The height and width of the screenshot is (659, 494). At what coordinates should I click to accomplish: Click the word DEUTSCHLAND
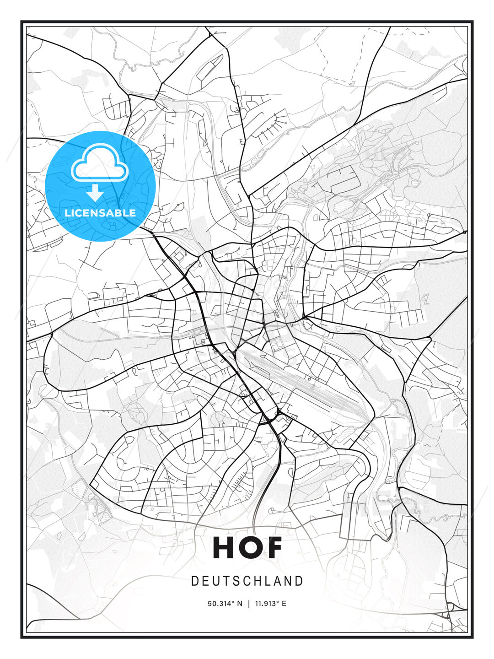tap(247, 581)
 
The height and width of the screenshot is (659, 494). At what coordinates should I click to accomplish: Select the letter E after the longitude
tap(284, 604)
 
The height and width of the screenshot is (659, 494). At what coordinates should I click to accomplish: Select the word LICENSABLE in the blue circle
tap(100, 213)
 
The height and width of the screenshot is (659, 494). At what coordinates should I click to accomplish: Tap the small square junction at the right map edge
tap(465, 232)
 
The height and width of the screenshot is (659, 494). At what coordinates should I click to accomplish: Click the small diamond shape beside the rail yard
tap(310, 378)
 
